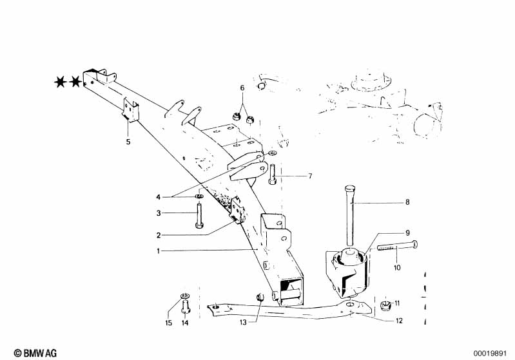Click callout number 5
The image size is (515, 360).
click(x=128, y=141)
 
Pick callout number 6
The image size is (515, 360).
click(x=242, y=88)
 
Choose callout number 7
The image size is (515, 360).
click(x=309, y=175)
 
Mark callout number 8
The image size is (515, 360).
click(x=407, y=204)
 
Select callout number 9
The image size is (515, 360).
click(x=407, y=232)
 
